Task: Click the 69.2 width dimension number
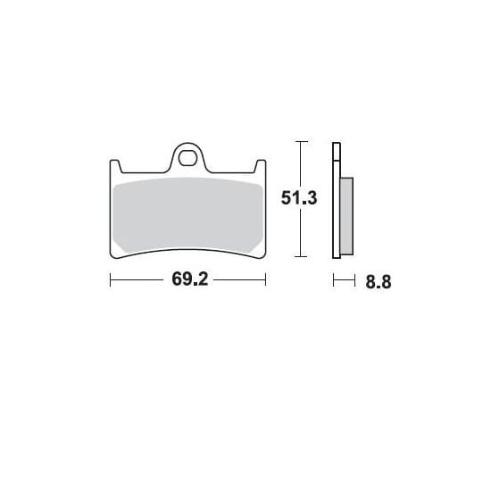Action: point(190,279)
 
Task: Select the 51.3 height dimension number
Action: point(299,198)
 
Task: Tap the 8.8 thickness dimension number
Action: point(379,282)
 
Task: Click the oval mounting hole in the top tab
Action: point(187,158)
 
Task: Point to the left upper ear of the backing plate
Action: point(115,166)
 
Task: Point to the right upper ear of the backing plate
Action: point(261,166)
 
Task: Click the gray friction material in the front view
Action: point(187,215)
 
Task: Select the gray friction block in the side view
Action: point(346,216)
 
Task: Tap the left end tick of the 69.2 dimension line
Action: point(110,279)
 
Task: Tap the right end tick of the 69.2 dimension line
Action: point(265,279)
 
